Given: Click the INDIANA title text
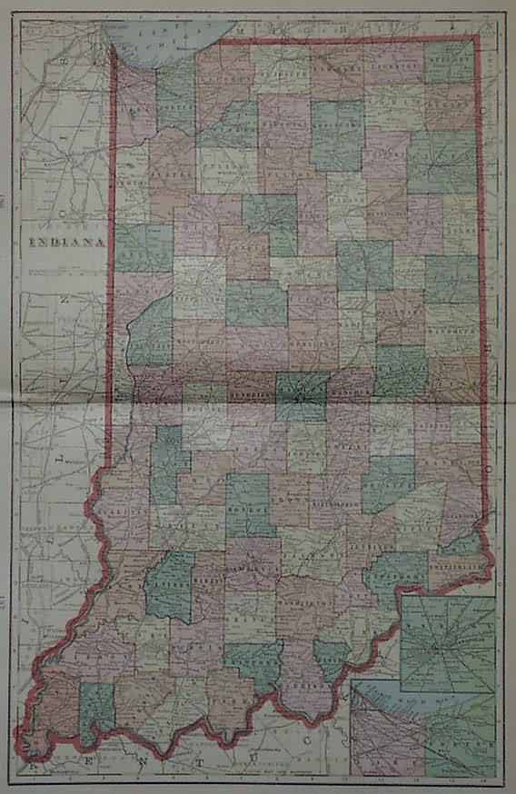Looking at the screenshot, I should (x=68, y=243).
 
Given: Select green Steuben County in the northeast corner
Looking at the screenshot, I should (x=450, y=62).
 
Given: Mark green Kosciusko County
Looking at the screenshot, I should (x=337, y=134).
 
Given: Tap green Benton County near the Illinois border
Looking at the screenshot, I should (x=143, y=247).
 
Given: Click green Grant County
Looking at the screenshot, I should (x=363, y=264).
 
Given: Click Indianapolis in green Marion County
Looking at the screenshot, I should (x=303, y=394).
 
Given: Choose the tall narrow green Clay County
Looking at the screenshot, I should (x=164, y=463).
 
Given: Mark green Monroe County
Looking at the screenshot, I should (x=247, y=505).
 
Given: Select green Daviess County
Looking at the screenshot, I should (x=171, y=585).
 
